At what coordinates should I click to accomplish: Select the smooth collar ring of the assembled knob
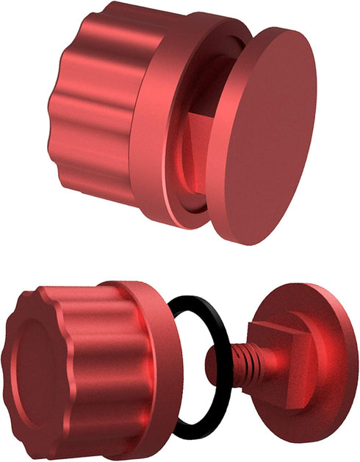click(x=151, y=125)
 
